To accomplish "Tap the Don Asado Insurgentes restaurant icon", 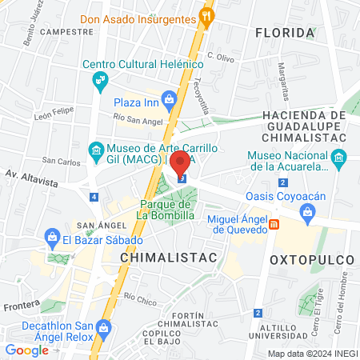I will point(207,14).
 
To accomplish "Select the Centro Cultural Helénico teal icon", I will point(99,79).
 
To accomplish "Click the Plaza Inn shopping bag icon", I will point(168,100).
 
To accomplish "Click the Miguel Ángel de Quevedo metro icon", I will point(274,225).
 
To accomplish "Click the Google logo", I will point(26,350).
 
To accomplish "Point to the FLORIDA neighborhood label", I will point(284,33).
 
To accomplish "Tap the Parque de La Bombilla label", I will point(165,210).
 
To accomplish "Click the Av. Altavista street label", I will point(32,182).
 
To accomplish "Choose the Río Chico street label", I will point(140,299).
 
